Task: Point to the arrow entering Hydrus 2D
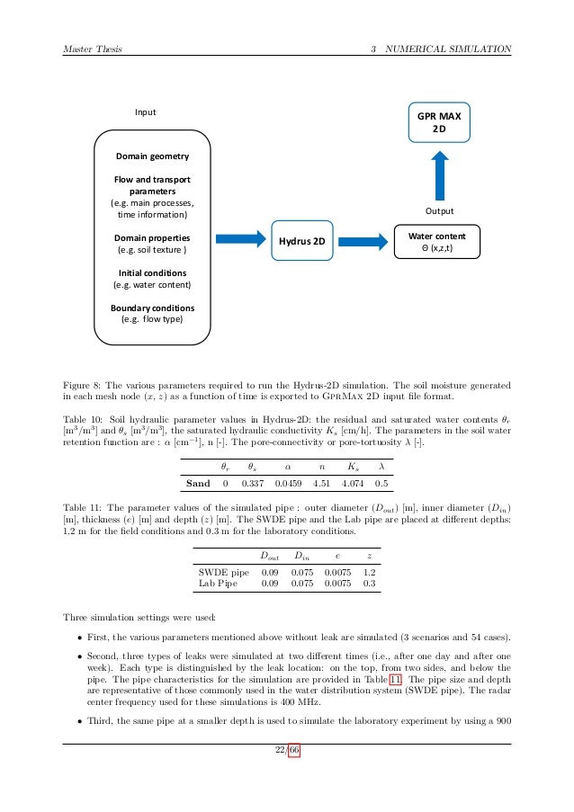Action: (242, 241)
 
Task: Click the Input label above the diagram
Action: (146, 112)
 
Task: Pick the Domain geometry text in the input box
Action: (151, 156)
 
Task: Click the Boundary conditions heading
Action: (151, 308)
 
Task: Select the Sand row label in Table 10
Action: (198, 483)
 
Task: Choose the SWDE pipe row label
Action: (223, 572)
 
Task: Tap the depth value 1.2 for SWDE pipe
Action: (369, 572)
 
